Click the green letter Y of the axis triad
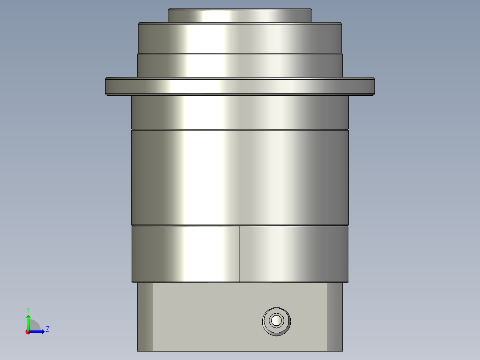click(28, 309)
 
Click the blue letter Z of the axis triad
click(47, 329)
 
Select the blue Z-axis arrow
click(38, 331)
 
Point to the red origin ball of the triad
click(28, 331)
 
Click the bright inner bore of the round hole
click(277, 320)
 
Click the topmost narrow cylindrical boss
click(240, 16)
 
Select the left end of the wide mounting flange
click(111, 86)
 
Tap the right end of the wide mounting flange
click(369, 86)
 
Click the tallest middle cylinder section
click(240, 177)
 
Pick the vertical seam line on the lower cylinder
click(240, 254)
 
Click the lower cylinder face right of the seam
click(294, 254)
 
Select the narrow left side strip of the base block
click(145, 316)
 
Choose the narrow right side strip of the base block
click(335, 316)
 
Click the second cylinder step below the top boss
click(240, 38)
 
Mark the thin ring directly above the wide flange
click(240, 65)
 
